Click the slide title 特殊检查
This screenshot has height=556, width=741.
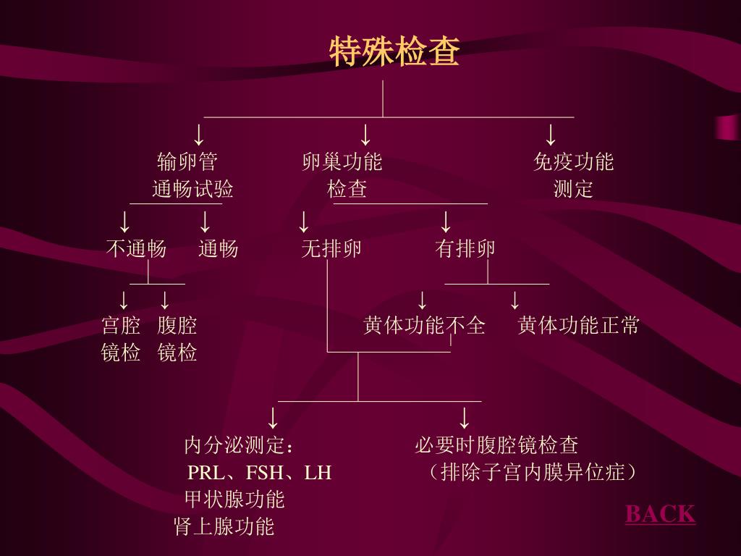(x=394, y=52)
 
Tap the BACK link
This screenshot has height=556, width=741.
(x=660, y=514)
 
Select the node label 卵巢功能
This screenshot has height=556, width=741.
(x=342, y=161)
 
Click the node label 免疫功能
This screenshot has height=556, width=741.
(x=573, y=161)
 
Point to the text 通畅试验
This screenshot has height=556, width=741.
(x=192, y=190)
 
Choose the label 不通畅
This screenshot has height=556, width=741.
(x=136, y=249)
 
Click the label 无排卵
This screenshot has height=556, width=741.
(x=331, y=249)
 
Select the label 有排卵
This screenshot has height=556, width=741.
(x=465, y=249)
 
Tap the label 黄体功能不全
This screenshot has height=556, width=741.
(x=424, y=326)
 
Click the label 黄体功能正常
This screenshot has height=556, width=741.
(x=579, y=326)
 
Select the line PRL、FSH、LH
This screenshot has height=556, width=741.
(x=260, y=473)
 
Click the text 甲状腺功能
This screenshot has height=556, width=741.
(x=234, y=500)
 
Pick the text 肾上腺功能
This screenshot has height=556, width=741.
(x=224, y=526)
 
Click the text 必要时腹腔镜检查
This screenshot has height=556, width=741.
(x=496, y=445)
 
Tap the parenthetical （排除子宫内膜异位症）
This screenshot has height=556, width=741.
(x=532, y=473)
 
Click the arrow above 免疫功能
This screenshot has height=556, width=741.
(x=551, y=135)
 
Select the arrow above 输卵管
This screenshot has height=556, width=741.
(x=198, y=135)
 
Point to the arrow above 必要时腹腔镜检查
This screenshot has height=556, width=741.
(x=465, y=418)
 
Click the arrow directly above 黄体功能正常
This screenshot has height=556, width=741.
(x=515, y=300)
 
